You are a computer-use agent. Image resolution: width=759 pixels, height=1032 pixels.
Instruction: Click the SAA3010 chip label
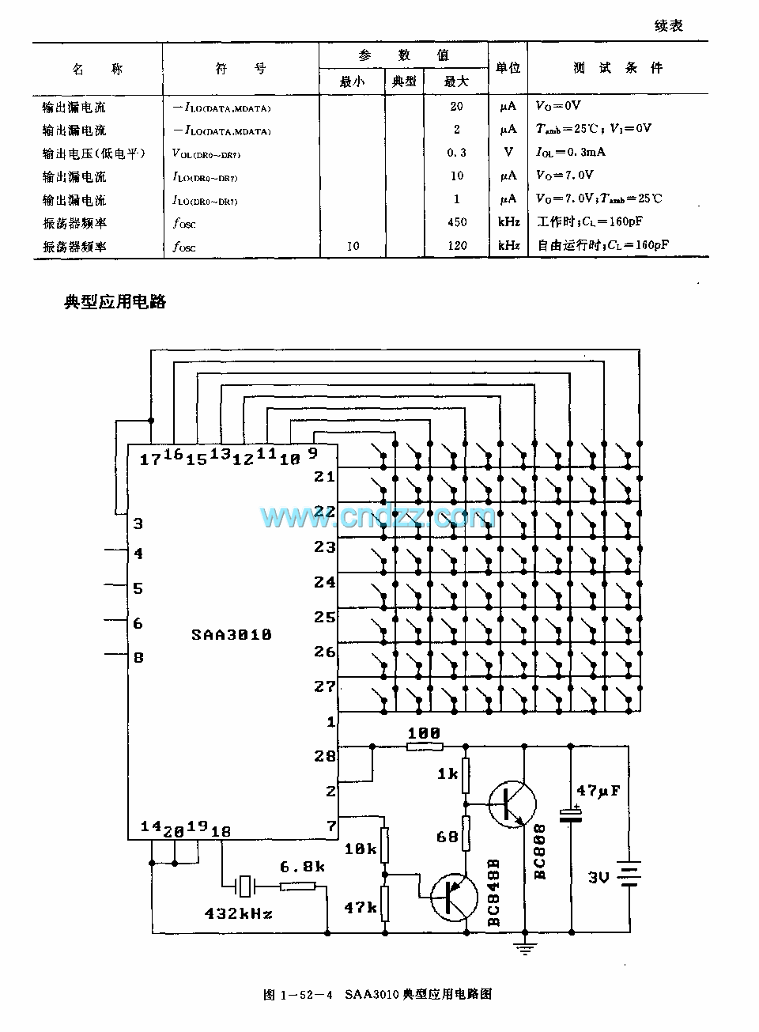pyautogui.click(x=232, y=635)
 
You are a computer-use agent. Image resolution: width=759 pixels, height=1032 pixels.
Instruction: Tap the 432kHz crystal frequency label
pyautogui.click(x=239, y=913)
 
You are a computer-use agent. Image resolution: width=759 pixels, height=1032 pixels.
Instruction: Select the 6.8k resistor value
pyautogui.click(x=302, y=867)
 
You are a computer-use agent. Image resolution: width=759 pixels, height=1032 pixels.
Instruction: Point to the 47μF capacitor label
pyautogui.click(x=599, y=790)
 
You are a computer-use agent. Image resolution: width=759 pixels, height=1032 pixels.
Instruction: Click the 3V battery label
pyautogui.click(x=598, y=876)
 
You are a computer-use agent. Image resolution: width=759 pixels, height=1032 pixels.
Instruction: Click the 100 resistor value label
pyautogui.click(x=424, y=734)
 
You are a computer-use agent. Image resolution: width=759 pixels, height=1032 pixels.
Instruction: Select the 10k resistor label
pyautogui.click(x=361, y=849)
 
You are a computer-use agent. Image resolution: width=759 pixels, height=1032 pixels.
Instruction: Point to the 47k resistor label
pyautogui.click(x=361, y=908)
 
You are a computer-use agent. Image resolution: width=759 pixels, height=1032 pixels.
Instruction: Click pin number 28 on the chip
pyautogui.click(x=325, y=756)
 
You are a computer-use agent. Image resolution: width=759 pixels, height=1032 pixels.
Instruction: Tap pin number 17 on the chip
pyautogui.click(x=149, y=459)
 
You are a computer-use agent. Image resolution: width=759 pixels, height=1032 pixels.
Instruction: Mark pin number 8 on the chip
pyautogui.click(x=138, y=657)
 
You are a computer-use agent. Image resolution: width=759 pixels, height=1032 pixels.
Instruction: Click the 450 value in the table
pyautogui.click(x=457, y=222)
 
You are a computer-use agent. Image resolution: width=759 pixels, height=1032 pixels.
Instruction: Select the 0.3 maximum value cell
pyautogui.click(x=457, y=153)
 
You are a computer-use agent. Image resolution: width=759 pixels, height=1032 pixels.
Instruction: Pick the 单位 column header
pyautogui.click(x=508, y=68)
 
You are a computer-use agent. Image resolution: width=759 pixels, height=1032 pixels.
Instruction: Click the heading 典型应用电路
pyautogui.click(x=115, y=302)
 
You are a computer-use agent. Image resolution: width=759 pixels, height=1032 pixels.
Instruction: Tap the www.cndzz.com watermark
pyautogui.click(x=378, y=517)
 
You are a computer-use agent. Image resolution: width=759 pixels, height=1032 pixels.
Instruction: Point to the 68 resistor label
pyautogui.click(x=447, y=836)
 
